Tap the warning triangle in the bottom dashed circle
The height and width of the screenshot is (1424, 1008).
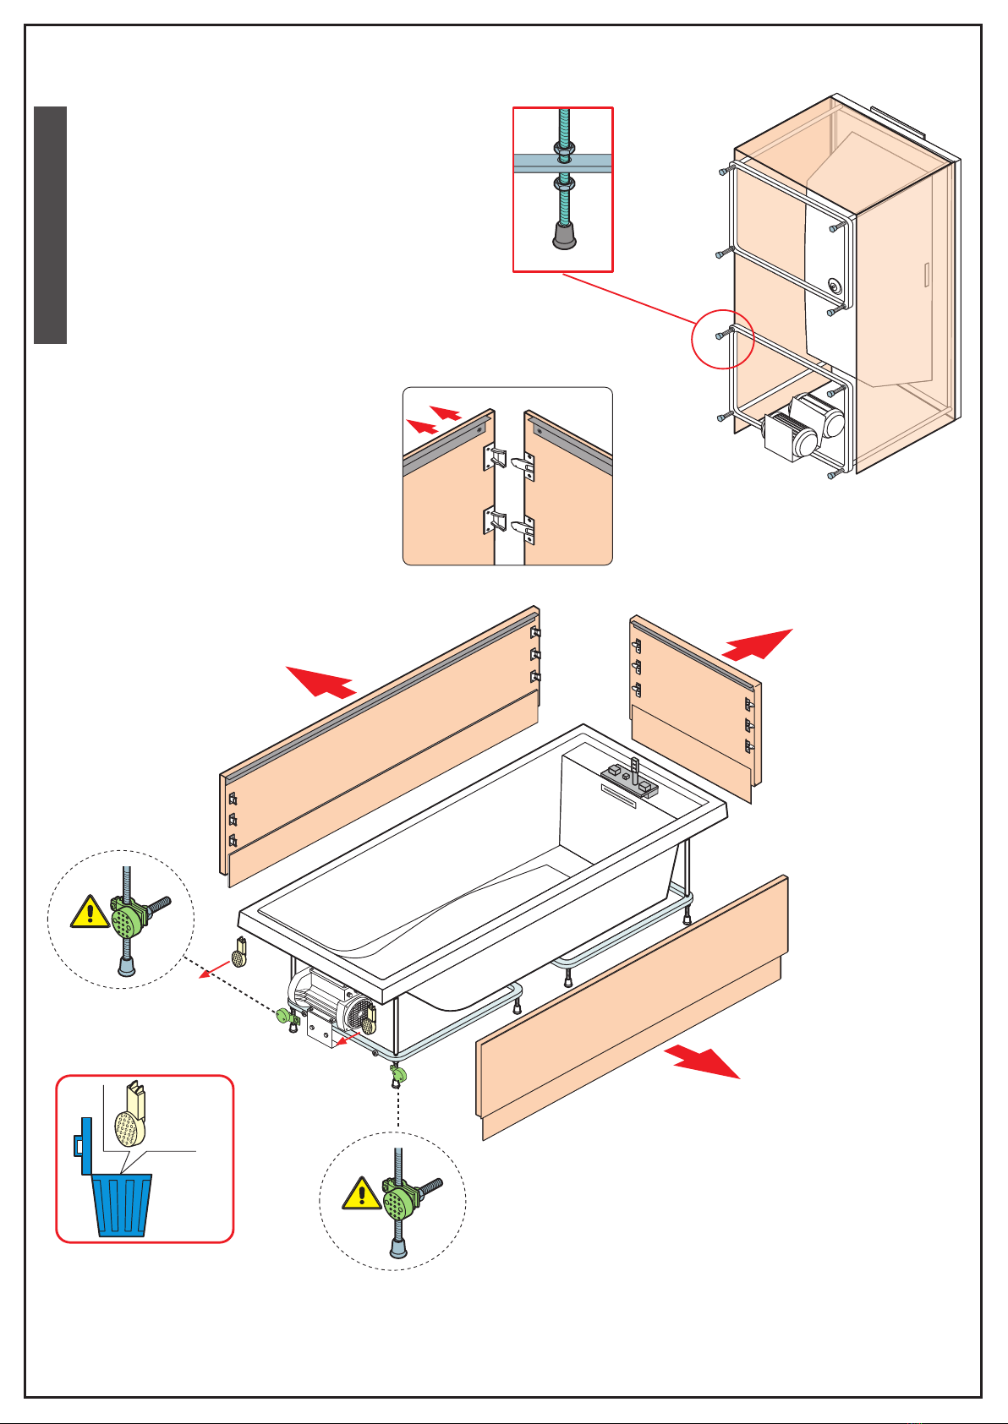pos(362,1194)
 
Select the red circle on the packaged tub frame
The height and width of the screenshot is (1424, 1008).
pos(722,338)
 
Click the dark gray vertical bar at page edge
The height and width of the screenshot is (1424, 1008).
pos(51,225)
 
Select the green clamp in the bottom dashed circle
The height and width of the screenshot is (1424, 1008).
pos(397,1200)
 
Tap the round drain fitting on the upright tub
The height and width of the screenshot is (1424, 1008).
pos(835,286)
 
